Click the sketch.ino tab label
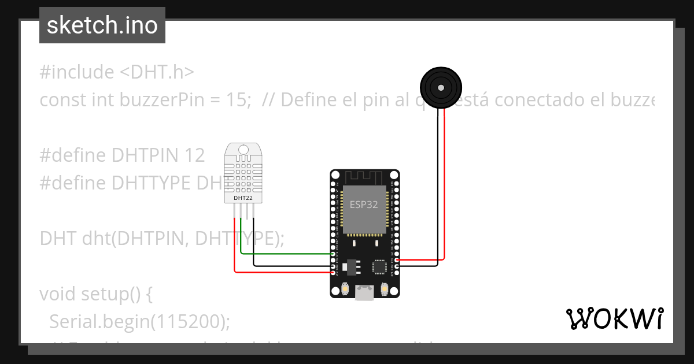point(102,25)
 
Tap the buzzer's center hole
point(441,88)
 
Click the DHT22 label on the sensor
point(243,198)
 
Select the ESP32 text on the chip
point(363,204)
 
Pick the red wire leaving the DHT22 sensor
point(278,272)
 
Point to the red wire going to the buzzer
point(445,185)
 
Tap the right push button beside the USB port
point(384,288)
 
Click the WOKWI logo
point(614,318)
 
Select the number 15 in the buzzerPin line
point(238,100)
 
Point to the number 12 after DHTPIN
point(195,155)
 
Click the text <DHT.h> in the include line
point(157,72)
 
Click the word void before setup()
point(58,294)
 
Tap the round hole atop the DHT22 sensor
point(243,150)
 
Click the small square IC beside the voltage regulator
point(379,266)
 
